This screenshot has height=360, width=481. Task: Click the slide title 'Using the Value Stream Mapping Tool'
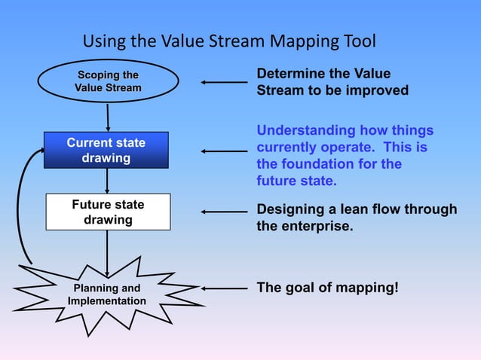click(228, 41)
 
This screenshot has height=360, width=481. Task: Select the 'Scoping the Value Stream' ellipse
click(108, 81)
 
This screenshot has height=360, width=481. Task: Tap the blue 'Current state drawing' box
click(106, 150)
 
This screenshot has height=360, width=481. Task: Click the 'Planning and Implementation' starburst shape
click(107, 294)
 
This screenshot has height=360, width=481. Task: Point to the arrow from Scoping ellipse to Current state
click(108, 117)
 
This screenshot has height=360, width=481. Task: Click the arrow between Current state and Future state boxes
click(107, 181)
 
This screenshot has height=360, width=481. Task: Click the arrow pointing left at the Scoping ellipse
click(224, 82)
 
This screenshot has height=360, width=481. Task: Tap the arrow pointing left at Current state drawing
click(224, 151)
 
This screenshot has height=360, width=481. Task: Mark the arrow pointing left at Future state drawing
click(224, 212)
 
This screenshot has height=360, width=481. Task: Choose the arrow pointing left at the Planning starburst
click(224, 288)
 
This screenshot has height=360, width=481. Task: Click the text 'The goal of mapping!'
click(328, 288)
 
